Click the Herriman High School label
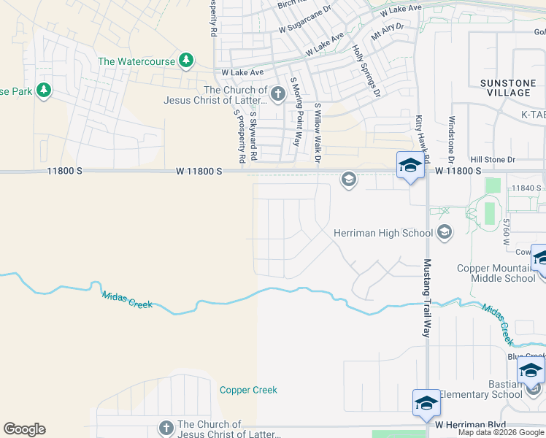[383, 233]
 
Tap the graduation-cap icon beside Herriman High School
[443, 233]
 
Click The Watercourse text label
[137, 61]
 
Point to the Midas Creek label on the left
[127, 299]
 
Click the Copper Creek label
[248, 390]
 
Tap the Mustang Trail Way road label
[427, 297]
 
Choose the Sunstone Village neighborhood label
[507, 88]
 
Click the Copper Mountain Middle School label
[496, 273]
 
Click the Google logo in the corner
[24, 429]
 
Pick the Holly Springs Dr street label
[366, 71]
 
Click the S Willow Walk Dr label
[318, 132]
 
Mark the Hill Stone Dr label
[493, 159]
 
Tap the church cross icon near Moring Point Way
[277, 93]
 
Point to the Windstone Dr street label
[452, 139]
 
